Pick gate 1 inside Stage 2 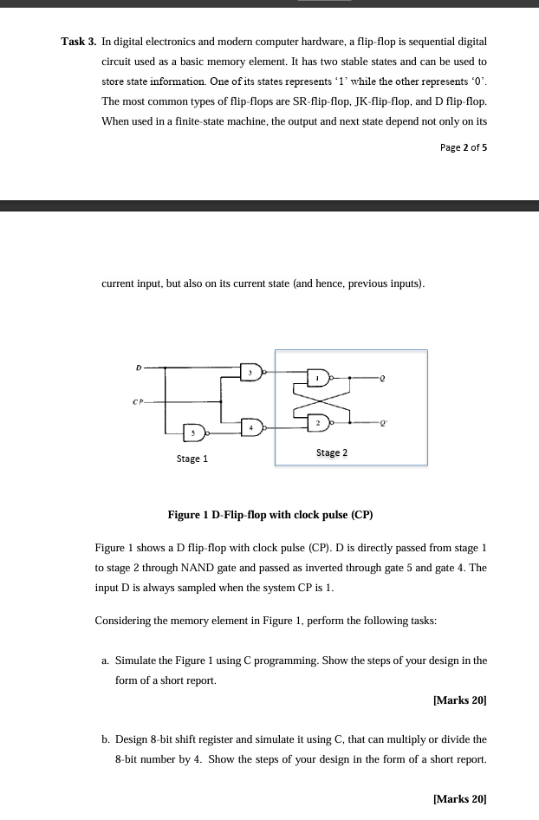(318, 378)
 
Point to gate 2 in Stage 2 (318, 422)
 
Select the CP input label (136, 400)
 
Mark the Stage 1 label (192, 459)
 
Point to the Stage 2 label (332, 452)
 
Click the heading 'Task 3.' (78, 42)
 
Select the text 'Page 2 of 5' (463, 147)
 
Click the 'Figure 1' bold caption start (189, 515)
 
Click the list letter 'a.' (106, 661)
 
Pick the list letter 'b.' (106, 739)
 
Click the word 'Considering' (123, 622)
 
